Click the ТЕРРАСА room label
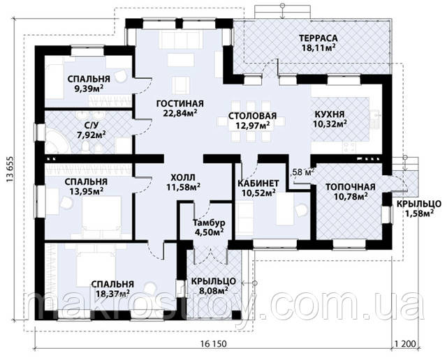point(318,38)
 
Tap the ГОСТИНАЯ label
point(180,103)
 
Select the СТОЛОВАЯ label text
point(252,116)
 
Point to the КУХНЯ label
point(329,114)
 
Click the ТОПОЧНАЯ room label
point(350,187)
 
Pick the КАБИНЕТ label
point(258,183)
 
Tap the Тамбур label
point(209,223)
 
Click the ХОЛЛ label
point(183,178)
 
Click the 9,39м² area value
point(89,89)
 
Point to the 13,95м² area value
point(87,191)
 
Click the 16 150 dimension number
point(213,344)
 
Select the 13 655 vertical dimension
point(9,172)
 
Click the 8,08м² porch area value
point(213,290)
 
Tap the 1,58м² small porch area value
point(420,213)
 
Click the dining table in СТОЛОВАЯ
point(251,121)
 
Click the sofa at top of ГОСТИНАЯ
point(179,40)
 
